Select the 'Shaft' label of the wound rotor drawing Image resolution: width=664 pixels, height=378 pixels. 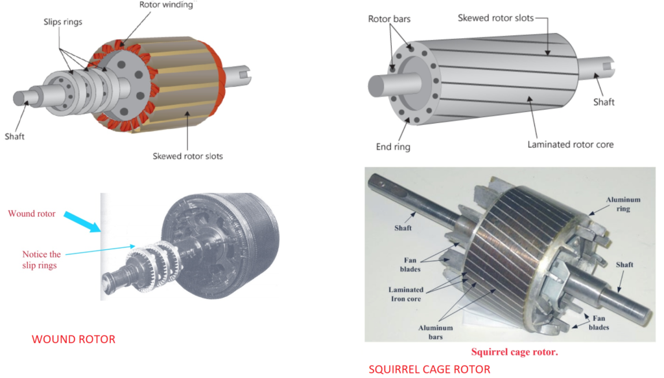[x=14, y=137]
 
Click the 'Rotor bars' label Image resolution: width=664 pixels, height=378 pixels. [x=389, y=19]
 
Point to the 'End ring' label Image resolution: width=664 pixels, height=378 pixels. [x=393, y=147]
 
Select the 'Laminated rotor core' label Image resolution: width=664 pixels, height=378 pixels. [x=570, y=144]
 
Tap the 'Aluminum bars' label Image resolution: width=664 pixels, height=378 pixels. [x=436, y=333]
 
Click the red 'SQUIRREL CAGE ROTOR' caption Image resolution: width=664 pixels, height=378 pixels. [x=429, y=370]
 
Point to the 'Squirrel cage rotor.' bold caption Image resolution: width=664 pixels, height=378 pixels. [x=514, y=353]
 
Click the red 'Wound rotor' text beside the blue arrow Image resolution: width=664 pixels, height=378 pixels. [x=32, y=214]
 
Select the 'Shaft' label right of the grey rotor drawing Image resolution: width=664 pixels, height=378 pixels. [x=604, y=102]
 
